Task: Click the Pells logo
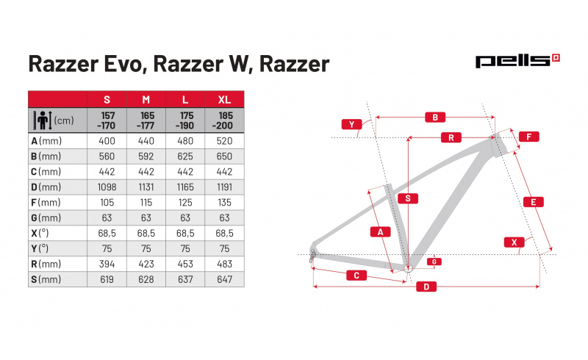point(517,61)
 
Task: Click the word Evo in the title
point(123,64)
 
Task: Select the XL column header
point(224,100)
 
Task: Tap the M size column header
point(146,100)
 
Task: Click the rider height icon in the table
point(43,120)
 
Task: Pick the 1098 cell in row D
point(107,187)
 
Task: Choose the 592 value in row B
point(146,156)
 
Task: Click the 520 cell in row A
point(224,141)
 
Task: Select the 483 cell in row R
point(224,264)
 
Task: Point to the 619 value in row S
point(107,279)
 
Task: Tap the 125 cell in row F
point(185,203)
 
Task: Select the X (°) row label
point(40,233)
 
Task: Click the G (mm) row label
point(46,218)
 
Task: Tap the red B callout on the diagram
point(435,118)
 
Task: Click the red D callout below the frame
point(426,287)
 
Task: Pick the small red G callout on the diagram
point(434,262)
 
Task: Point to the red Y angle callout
point(351,124)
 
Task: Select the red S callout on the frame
point(408,198)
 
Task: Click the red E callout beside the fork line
point(534,202)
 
